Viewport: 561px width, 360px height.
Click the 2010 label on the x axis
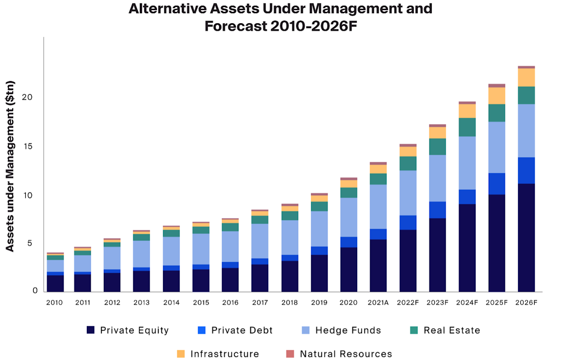(54, 303)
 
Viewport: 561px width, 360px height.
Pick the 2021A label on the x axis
(378, 303)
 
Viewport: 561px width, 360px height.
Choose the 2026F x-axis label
(526, 303)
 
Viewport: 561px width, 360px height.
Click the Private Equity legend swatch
(91, 330)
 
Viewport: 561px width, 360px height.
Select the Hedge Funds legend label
(348, 330)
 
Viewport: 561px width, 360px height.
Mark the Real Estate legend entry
(452, 330)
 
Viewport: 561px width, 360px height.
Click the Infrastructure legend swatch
(181, 354)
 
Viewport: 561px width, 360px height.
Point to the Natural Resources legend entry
(346, 354)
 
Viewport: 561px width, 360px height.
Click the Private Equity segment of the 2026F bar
(526, 237)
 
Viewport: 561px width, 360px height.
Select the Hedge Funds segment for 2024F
(467, 163)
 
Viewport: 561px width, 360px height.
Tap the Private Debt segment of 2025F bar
(497, 184)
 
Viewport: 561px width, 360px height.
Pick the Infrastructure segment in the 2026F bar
(526, 77)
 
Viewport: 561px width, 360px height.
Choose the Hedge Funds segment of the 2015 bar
(200, 249)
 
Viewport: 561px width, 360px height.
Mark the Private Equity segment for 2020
(348, 269)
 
